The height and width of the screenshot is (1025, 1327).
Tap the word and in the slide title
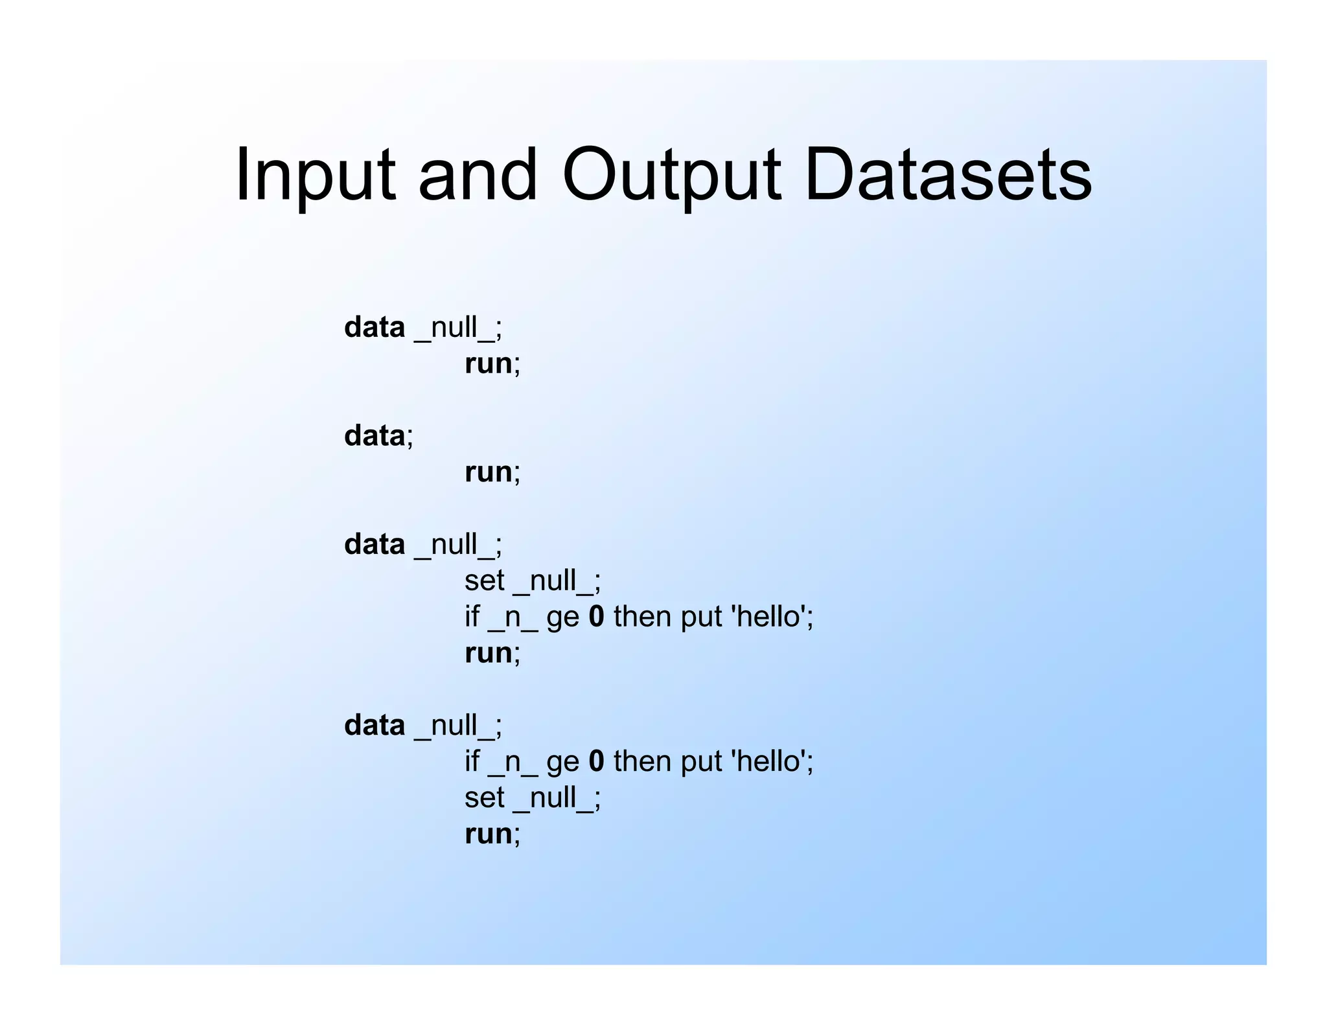click(x=478, y=175)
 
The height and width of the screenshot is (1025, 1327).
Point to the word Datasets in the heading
click(x=948, y=175)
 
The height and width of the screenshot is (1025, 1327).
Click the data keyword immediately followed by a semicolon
click(x=375, y=435)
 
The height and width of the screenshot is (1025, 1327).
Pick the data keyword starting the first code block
click(x=375, y=327)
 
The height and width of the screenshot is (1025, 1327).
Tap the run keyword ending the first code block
click(x=489, y=363)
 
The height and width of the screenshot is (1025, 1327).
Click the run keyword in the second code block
click(x=489, y=472)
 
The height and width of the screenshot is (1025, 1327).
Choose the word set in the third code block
click(x=484, y=581)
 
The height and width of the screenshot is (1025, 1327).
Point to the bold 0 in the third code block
click(x=596, y=616)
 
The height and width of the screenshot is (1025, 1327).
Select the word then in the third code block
click(x=643, y=616)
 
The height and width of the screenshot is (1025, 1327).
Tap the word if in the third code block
click(x=472, y=616)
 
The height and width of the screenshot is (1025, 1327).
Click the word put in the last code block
click(x=701, y=761)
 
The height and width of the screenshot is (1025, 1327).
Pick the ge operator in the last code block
click(x=562, y=762)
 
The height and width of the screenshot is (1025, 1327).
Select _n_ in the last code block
click(x=513, y=762)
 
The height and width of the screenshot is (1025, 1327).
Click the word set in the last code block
click(x=484, y=798)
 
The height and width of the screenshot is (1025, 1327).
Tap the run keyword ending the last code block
click(x=489, y=834)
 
